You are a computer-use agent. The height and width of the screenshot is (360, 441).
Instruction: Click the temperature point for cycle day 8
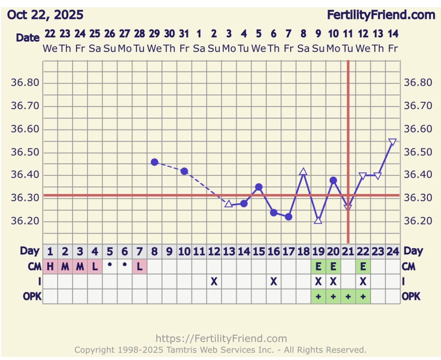[155, 162]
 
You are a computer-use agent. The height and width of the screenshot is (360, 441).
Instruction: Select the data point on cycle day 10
[184, 171]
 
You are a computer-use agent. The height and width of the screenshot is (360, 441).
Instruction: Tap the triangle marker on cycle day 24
[392, 142]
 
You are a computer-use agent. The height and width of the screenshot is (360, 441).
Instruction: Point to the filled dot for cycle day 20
[333, 180]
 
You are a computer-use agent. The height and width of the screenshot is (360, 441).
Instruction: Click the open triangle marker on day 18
[303, 172]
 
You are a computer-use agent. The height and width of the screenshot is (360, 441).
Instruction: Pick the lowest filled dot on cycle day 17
[289, 217]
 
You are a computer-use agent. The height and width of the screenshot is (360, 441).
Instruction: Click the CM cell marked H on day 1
[50, 267]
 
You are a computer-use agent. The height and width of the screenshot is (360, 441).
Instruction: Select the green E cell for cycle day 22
[363, 267]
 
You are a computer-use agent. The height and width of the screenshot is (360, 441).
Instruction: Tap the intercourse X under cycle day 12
[214, 282]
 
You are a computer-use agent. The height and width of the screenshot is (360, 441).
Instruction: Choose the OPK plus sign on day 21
[348, 297]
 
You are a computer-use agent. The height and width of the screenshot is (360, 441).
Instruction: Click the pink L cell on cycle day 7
[139, 267]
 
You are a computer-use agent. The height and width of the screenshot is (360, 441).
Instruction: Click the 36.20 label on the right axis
[416, 221]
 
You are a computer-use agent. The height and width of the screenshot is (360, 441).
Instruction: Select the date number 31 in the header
[184, 34]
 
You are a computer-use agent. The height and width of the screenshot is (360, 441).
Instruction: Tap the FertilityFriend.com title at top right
[381, 15]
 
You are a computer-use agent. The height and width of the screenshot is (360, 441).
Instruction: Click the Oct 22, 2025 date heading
[45, 15]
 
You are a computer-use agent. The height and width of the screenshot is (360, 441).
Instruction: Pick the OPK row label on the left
[32, 297]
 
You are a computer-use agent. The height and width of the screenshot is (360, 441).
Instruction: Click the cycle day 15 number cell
[259, 251]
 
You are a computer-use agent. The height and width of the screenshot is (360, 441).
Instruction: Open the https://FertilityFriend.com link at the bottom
[221, 338]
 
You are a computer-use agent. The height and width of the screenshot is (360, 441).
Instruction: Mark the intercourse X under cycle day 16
[274, 282]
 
